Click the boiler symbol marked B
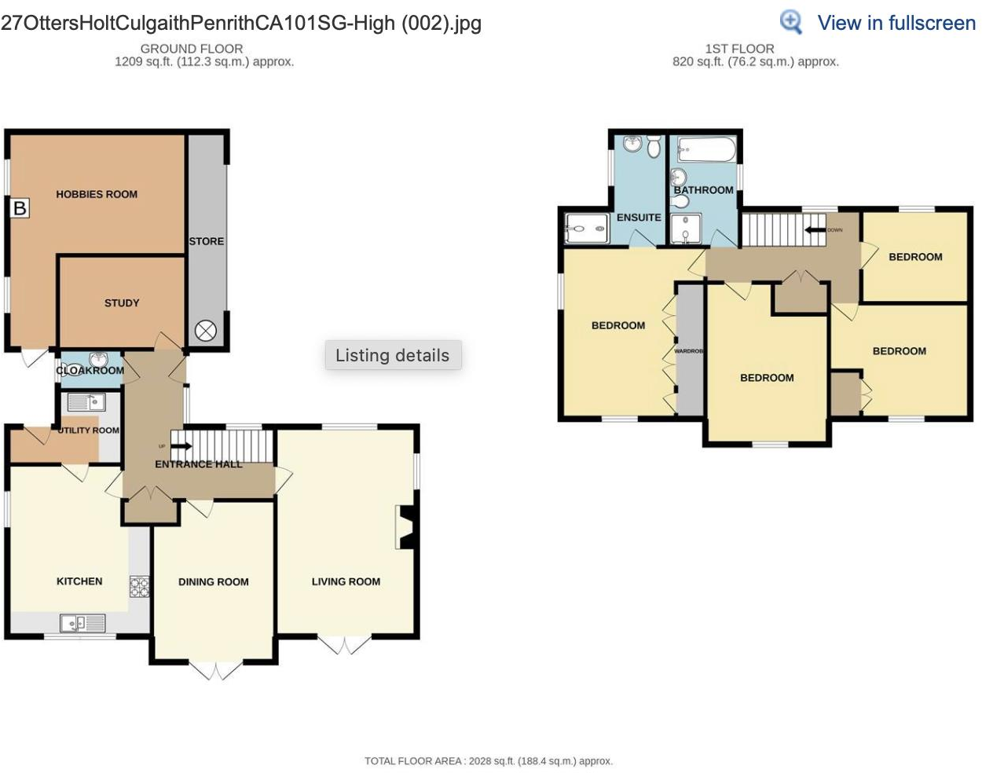(x=20, y=208)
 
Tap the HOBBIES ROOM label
(x=97, y=194)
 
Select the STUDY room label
(x=122, y=302)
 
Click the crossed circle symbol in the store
(x=206, y=331)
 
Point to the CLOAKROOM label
(x=90, y=370)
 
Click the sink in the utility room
(x=86, y=402)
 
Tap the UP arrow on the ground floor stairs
(x=181, y=446)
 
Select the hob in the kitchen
(x=140, y=587)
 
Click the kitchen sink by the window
(x=83, y=623)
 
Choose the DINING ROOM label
(x=213, y=582)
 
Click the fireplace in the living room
(x=405, y=526)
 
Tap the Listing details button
(x=393, y=355)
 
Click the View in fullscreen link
(x=896, y=23)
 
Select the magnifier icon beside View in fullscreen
(x=790, y=22)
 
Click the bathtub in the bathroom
(x=706, y=149)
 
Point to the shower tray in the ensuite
(x=587, y=229)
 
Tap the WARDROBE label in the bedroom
(x=689, y=351)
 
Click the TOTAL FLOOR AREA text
(x=488, y=760)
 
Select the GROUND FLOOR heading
(x=192, y=48)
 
